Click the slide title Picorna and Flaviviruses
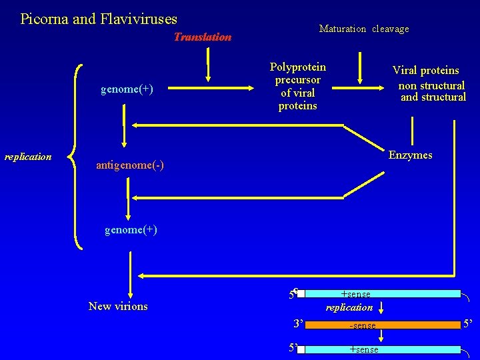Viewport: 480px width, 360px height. coord(99,19)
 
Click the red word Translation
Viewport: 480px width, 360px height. coord(202,37)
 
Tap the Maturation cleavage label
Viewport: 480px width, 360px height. coord(364,29)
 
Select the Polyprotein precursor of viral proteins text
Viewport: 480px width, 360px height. coord(297,87)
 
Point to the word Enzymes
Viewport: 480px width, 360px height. coord(410,155)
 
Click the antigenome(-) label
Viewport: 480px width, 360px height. coord(130,165)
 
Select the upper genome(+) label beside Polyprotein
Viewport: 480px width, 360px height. coord(127,89)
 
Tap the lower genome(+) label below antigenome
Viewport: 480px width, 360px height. coord(131,229)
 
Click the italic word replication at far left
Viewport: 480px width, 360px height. coord(28,157)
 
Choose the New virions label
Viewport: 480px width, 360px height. coord(118,306)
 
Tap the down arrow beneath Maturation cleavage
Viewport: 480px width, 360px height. coord(361,67)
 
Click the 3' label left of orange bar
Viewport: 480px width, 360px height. coord(297,324)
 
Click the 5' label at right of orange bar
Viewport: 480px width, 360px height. coord(469,325)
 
